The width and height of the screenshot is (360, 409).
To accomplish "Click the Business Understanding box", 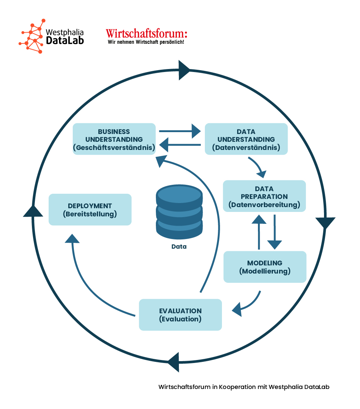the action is point(114,139).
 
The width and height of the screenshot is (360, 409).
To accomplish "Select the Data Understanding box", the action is point(246,139).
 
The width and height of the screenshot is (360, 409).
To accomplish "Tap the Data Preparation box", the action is point(264,196).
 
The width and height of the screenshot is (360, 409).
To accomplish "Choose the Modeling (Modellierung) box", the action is point(265,267).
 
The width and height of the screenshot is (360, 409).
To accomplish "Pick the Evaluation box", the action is point(180,315).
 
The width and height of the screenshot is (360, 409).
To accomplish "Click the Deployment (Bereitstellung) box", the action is point(90,209).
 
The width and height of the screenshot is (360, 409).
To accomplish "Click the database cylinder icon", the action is point(179,212).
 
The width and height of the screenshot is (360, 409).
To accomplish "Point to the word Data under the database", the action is point(179,246).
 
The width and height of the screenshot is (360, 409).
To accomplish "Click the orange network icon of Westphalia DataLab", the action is point(31,36).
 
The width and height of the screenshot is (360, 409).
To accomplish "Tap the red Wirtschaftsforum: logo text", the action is point(146,33).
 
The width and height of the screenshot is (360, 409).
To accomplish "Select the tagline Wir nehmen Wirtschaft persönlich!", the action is point(146,42).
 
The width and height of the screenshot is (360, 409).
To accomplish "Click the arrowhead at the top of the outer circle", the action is point(184,70).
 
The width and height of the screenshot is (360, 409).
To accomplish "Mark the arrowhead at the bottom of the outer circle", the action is point(173,362).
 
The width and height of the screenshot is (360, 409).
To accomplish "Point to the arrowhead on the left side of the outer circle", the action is point(33,211).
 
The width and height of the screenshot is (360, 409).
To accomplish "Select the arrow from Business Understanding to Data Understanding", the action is point(180,131).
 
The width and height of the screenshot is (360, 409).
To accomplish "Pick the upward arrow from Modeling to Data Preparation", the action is point(259,232).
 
